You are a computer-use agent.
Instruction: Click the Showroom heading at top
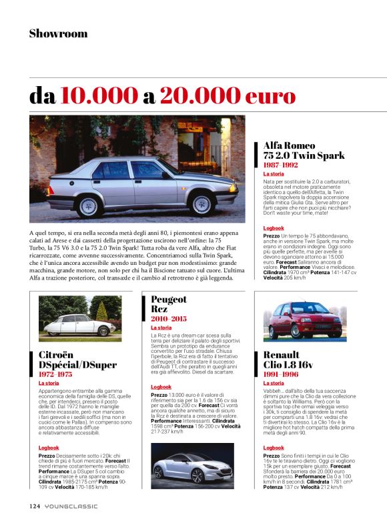[58, 33]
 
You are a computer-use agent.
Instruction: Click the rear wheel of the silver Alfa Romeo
[89, 205]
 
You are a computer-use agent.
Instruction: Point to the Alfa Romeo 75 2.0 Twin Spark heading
[304, 150]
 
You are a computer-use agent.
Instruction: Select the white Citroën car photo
[71, 320]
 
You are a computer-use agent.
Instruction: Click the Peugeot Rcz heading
[169, 304]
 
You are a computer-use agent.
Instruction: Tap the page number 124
[35, 506]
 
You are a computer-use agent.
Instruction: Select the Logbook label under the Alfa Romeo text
[274, 228]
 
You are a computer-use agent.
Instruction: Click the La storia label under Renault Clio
[274, 384]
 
